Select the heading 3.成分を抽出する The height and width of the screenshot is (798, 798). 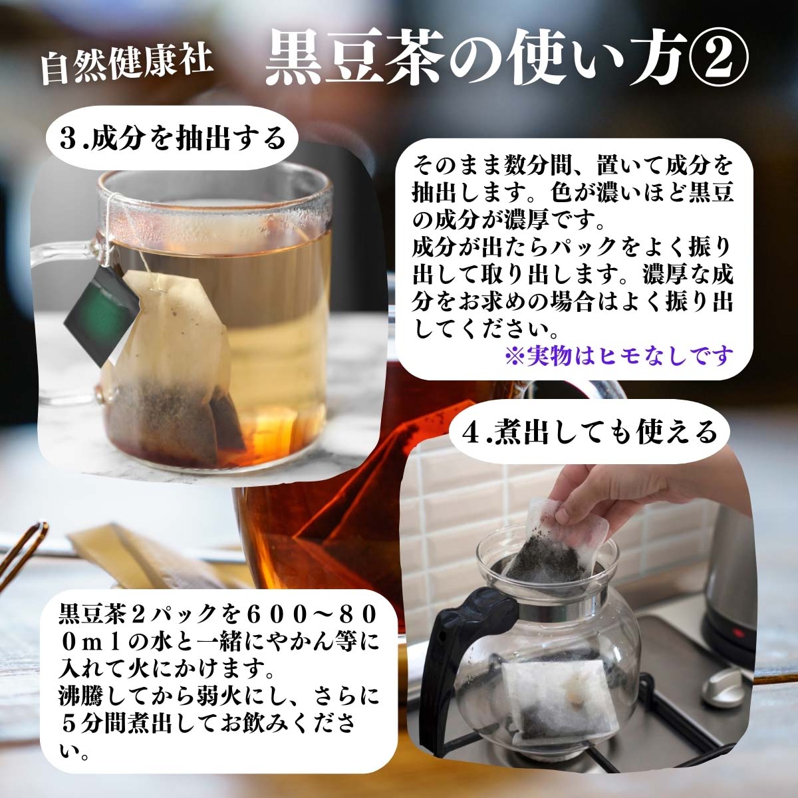(172, 138)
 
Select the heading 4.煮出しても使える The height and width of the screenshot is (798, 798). (591, 432)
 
